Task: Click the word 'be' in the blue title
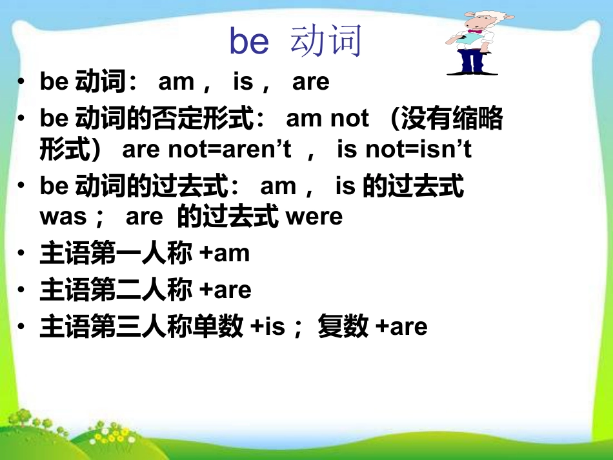(x=249, y=41)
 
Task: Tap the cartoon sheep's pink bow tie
(x=475, y=31)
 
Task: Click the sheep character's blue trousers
(x=472, y=61)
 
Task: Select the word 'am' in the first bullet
(x=176, y=82)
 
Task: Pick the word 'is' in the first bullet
(x=243, y=81)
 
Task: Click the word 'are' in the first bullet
(x=311, y=82)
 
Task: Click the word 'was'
(x=63, y=217)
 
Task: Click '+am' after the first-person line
(x=225, y=254)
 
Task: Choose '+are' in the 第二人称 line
(x=225, y=290)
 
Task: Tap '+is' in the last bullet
(x=268, y=326)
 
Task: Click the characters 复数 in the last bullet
(x=343, y=326)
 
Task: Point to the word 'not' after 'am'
(x=349, y=119)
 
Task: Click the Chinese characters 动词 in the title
(x=326, y=40)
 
